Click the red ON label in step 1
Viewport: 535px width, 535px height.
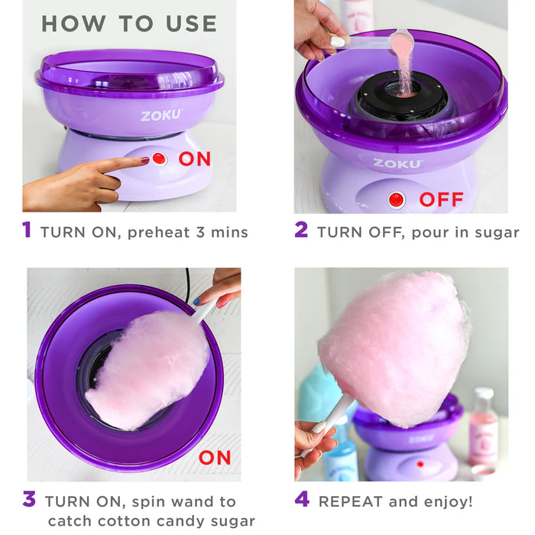196,159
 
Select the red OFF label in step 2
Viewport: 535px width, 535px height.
441,200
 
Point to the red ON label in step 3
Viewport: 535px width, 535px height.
215,458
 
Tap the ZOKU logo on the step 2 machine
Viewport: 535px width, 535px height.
397,163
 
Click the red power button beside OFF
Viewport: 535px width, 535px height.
397,200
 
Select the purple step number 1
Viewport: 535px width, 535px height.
27,231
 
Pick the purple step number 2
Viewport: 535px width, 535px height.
301,231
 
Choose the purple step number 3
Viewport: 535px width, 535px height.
28,501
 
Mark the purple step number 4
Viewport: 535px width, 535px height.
302,501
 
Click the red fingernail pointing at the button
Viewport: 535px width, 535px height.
144,161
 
